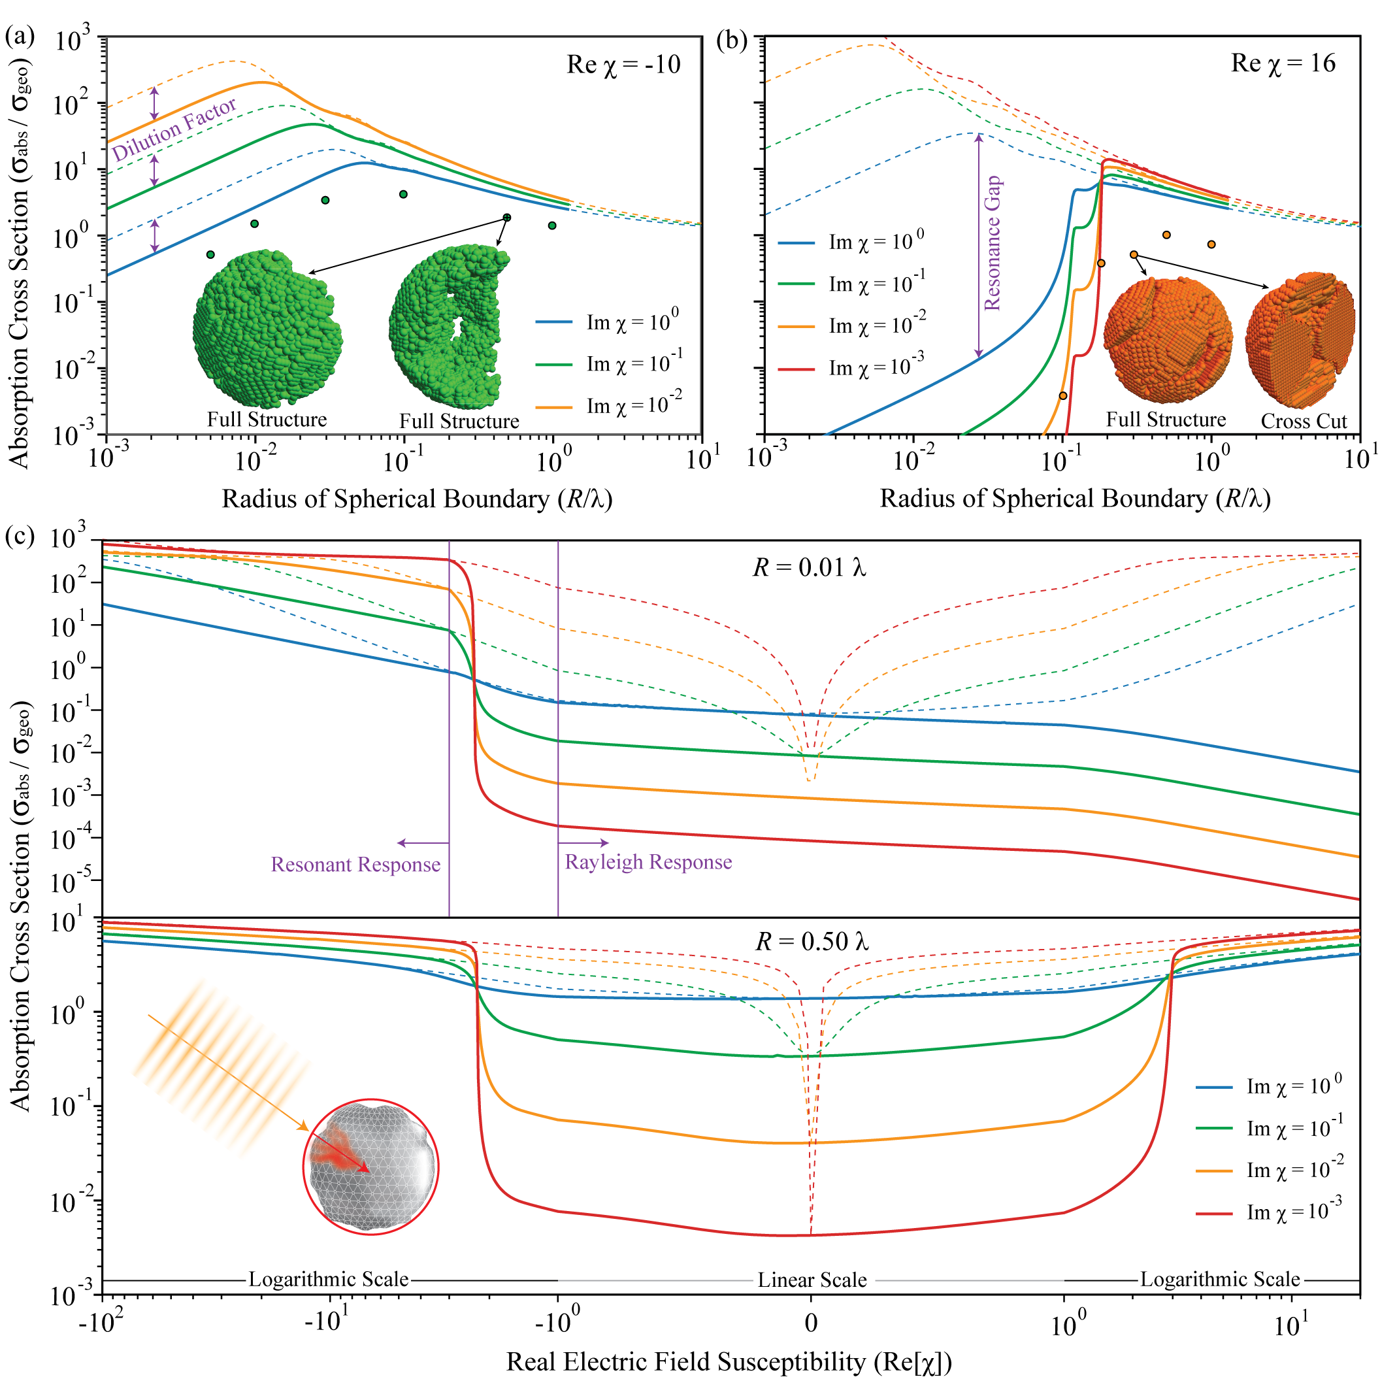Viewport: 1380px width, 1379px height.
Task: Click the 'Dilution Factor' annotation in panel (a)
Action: pos(174,129)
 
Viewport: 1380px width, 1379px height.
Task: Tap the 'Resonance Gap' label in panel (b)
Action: pos(993,243)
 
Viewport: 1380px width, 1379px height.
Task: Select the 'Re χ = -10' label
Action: pos(623,65)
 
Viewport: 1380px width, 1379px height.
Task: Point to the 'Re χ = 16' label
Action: pos(1283,63)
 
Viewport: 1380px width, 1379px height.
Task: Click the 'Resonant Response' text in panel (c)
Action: pos(355,865)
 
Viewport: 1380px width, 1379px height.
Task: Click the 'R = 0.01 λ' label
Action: pos(810,568)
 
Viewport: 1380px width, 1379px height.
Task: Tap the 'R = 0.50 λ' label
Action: pos(812,942)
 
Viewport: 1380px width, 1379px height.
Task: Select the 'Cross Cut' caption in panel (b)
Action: pos(1304,421)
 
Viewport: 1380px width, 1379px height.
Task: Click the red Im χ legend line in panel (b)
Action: pos(796,369)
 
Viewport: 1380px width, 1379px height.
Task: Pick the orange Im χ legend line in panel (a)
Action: pos(553,407)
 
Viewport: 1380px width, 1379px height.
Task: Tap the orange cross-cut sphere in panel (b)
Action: pos(1300,339)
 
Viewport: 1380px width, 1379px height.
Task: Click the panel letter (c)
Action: pos(20,535)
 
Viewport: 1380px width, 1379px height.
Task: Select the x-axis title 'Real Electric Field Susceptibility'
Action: pos(729,1361)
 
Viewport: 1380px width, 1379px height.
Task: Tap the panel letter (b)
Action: pos(732,41)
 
